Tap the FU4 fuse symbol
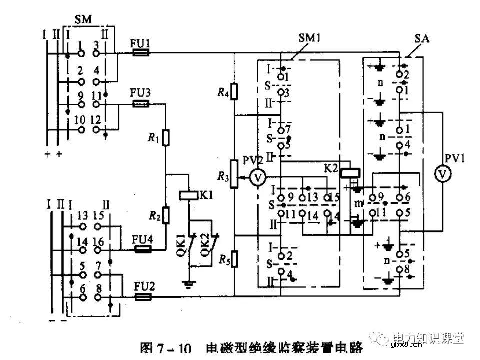tap(143, 249)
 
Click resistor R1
tap(166, 136)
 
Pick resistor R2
tap(166, 215)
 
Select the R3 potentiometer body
tap(234, 174)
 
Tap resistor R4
tap(234, 91)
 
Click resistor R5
tap(234, 258)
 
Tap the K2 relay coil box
tap(350, 173)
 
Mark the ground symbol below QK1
tap(189, 284)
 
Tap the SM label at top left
tap(83, 18)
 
